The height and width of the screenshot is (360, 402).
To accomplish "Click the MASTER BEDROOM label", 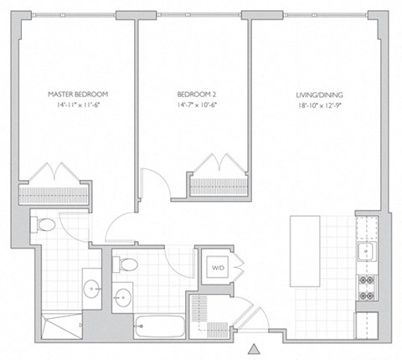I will coord(78,94).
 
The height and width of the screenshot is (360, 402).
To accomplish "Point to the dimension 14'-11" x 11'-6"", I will coord(78,106).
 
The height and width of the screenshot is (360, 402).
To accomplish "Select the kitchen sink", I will coord(366,250).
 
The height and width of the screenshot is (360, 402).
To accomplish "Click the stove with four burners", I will coord(366,286).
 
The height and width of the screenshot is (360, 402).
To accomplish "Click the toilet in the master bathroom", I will coord(45,224).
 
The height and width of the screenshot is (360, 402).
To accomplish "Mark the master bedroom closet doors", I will coord(54,173).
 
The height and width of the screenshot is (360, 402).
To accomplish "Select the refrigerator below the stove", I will coord(366,322).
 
